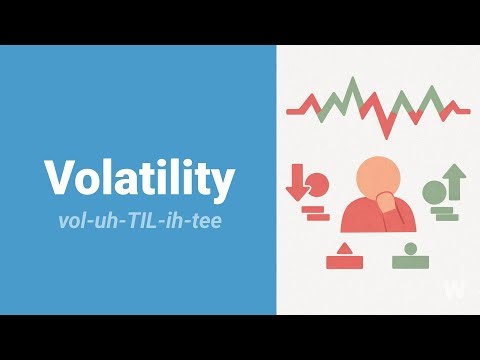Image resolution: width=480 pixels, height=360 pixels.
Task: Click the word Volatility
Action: point(139,178)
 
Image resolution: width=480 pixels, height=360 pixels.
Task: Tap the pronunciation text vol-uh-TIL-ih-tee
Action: point(139,219)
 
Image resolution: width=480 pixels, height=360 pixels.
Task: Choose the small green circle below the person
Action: point(408,247)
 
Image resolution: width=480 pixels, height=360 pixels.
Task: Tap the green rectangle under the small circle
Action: point(408,263)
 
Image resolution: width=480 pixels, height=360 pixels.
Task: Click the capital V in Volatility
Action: point(59,178)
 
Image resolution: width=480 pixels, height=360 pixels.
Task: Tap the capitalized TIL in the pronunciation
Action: point(142,219)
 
